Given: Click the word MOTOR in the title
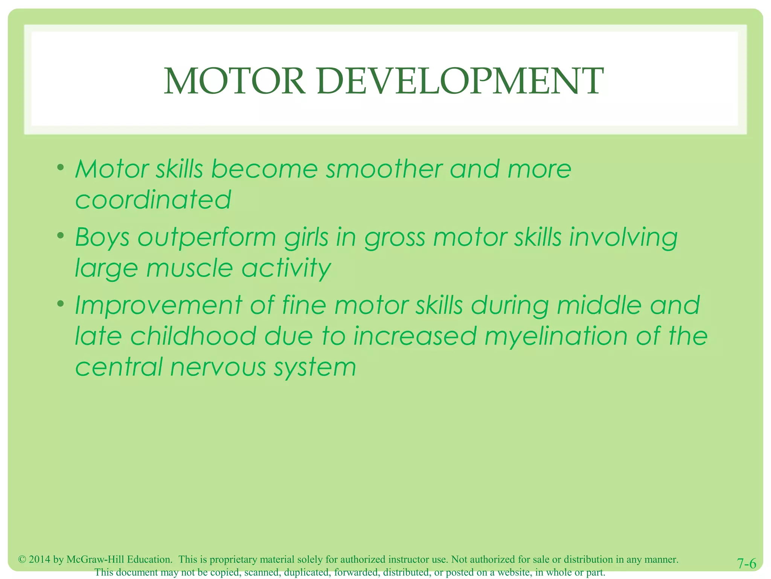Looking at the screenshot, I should click(x=234, y=81).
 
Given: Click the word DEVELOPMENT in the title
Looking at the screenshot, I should click(x=460, y=81).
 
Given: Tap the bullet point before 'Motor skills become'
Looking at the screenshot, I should click(x=60, y=167).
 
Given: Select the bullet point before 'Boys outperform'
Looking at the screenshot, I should click(x=60, y=236).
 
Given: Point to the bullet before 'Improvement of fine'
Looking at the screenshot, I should click(x=60, y=303).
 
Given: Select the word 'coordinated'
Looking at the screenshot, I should click(x=153, y=200).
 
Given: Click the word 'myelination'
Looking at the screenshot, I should click(x=556, y=336).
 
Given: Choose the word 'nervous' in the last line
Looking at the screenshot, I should click(x=218, y=367).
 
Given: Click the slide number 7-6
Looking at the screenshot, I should click(x=746, y=564).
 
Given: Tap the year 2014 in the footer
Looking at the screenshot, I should click(x=40, y=559).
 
